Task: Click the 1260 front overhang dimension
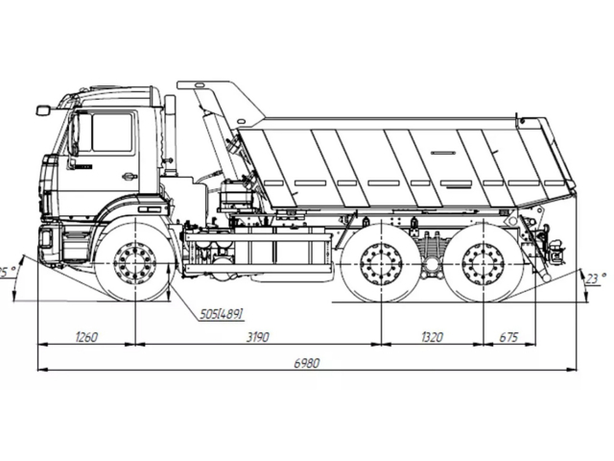(x=85, y=336)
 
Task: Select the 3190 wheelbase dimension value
(x=255, y=336)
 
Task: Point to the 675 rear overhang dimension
(x=508, y=336)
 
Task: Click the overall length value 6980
(x=306, y=363)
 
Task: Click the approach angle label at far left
(x=8, y=272)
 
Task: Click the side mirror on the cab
(x=42, y=110)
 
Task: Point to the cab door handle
(x=129, y=176)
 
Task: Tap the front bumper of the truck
(x=48, y=242)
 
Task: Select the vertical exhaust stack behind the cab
(x=170, y=134)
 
